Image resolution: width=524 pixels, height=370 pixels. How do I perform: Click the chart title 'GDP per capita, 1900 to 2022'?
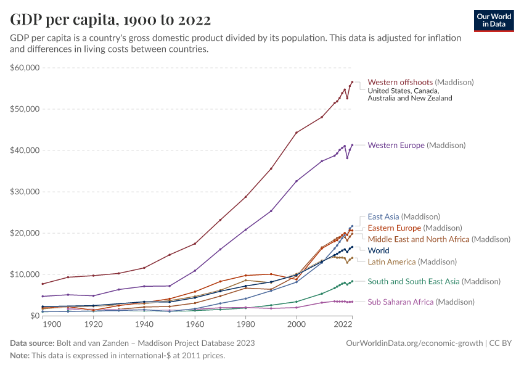(x=110, y=19)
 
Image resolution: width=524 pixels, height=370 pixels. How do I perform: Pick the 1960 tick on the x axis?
(x=195, y=324)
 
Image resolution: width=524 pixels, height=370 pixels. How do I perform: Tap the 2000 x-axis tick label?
(x=297, y=324)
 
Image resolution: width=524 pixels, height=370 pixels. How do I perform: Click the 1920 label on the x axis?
(x=93, y=324)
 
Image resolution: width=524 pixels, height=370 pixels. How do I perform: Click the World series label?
(x=379, y=250)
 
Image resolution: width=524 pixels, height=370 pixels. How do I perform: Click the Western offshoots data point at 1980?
(x=245, y=197)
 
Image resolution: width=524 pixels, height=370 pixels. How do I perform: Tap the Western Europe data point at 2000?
(x=297, y=181)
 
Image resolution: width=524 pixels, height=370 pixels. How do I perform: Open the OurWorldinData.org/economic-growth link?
(x=414, y=343)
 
